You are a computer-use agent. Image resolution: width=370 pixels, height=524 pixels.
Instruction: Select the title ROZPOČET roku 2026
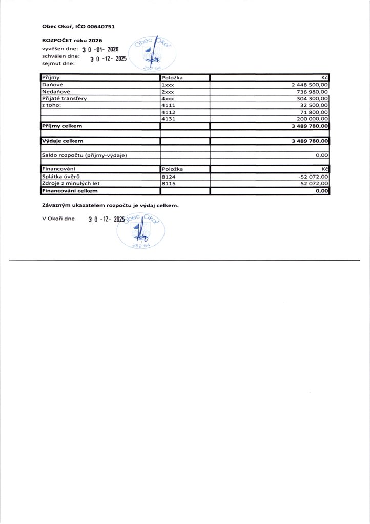(x=72, y=40)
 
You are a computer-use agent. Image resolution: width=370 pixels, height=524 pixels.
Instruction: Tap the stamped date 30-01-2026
(x=100, y=50)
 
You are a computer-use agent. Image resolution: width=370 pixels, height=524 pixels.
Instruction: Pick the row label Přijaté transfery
(x=64, y=98)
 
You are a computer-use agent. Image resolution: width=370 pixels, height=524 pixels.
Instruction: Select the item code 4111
(x=169, y=105)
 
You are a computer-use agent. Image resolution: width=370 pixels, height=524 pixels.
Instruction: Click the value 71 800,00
(x=314, y=112)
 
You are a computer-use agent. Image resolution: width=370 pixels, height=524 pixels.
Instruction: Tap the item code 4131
(x=169, y=118)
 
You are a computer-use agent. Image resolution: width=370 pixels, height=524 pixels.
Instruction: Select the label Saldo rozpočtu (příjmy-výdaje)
(x=84, y=155)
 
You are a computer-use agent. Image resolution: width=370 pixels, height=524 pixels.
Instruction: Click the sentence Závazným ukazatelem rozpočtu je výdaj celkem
(x=110, y=205)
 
